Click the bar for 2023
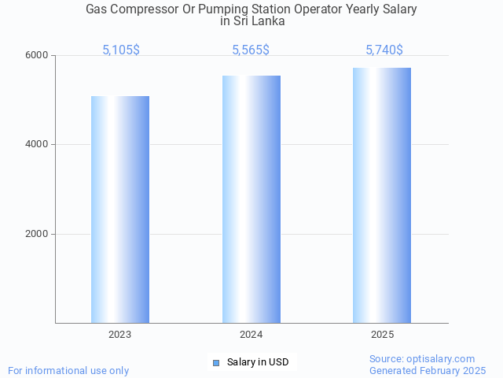120,209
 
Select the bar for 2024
251,199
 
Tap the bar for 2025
382,195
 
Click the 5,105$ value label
121,50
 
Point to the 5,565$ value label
251,50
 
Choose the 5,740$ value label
384,50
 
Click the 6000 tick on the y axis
39,56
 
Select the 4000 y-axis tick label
39,145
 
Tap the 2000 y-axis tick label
39,235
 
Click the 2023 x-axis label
120,335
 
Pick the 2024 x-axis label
251,335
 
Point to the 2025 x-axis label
383,335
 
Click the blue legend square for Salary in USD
216,362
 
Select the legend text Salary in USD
258,362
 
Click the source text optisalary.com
440,359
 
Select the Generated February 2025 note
428,371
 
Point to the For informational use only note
68,371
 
